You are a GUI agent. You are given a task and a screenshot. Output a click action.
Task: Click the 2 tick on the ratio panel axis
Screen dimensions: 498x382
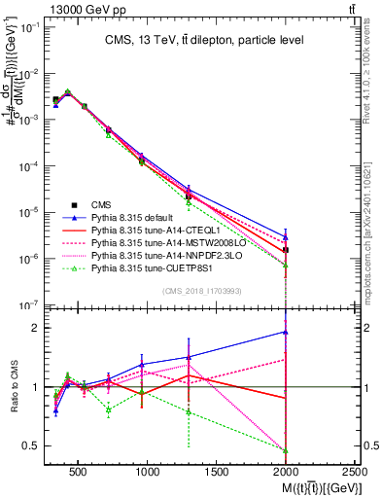click(x=37, y=328)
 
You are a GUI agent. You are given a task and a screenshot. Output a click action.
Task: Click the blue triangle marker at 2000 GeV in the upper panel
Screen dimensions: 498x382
click(x=285, y=235)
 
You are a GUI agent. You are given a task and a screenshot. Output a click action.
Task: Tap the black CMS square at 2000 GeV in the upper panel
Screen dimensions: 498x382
click(x=285, y=251)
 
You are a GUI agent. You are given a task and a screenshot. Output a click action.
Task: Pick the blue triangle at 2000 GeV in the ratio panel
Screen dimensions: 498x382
click(x=285, y=332)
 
